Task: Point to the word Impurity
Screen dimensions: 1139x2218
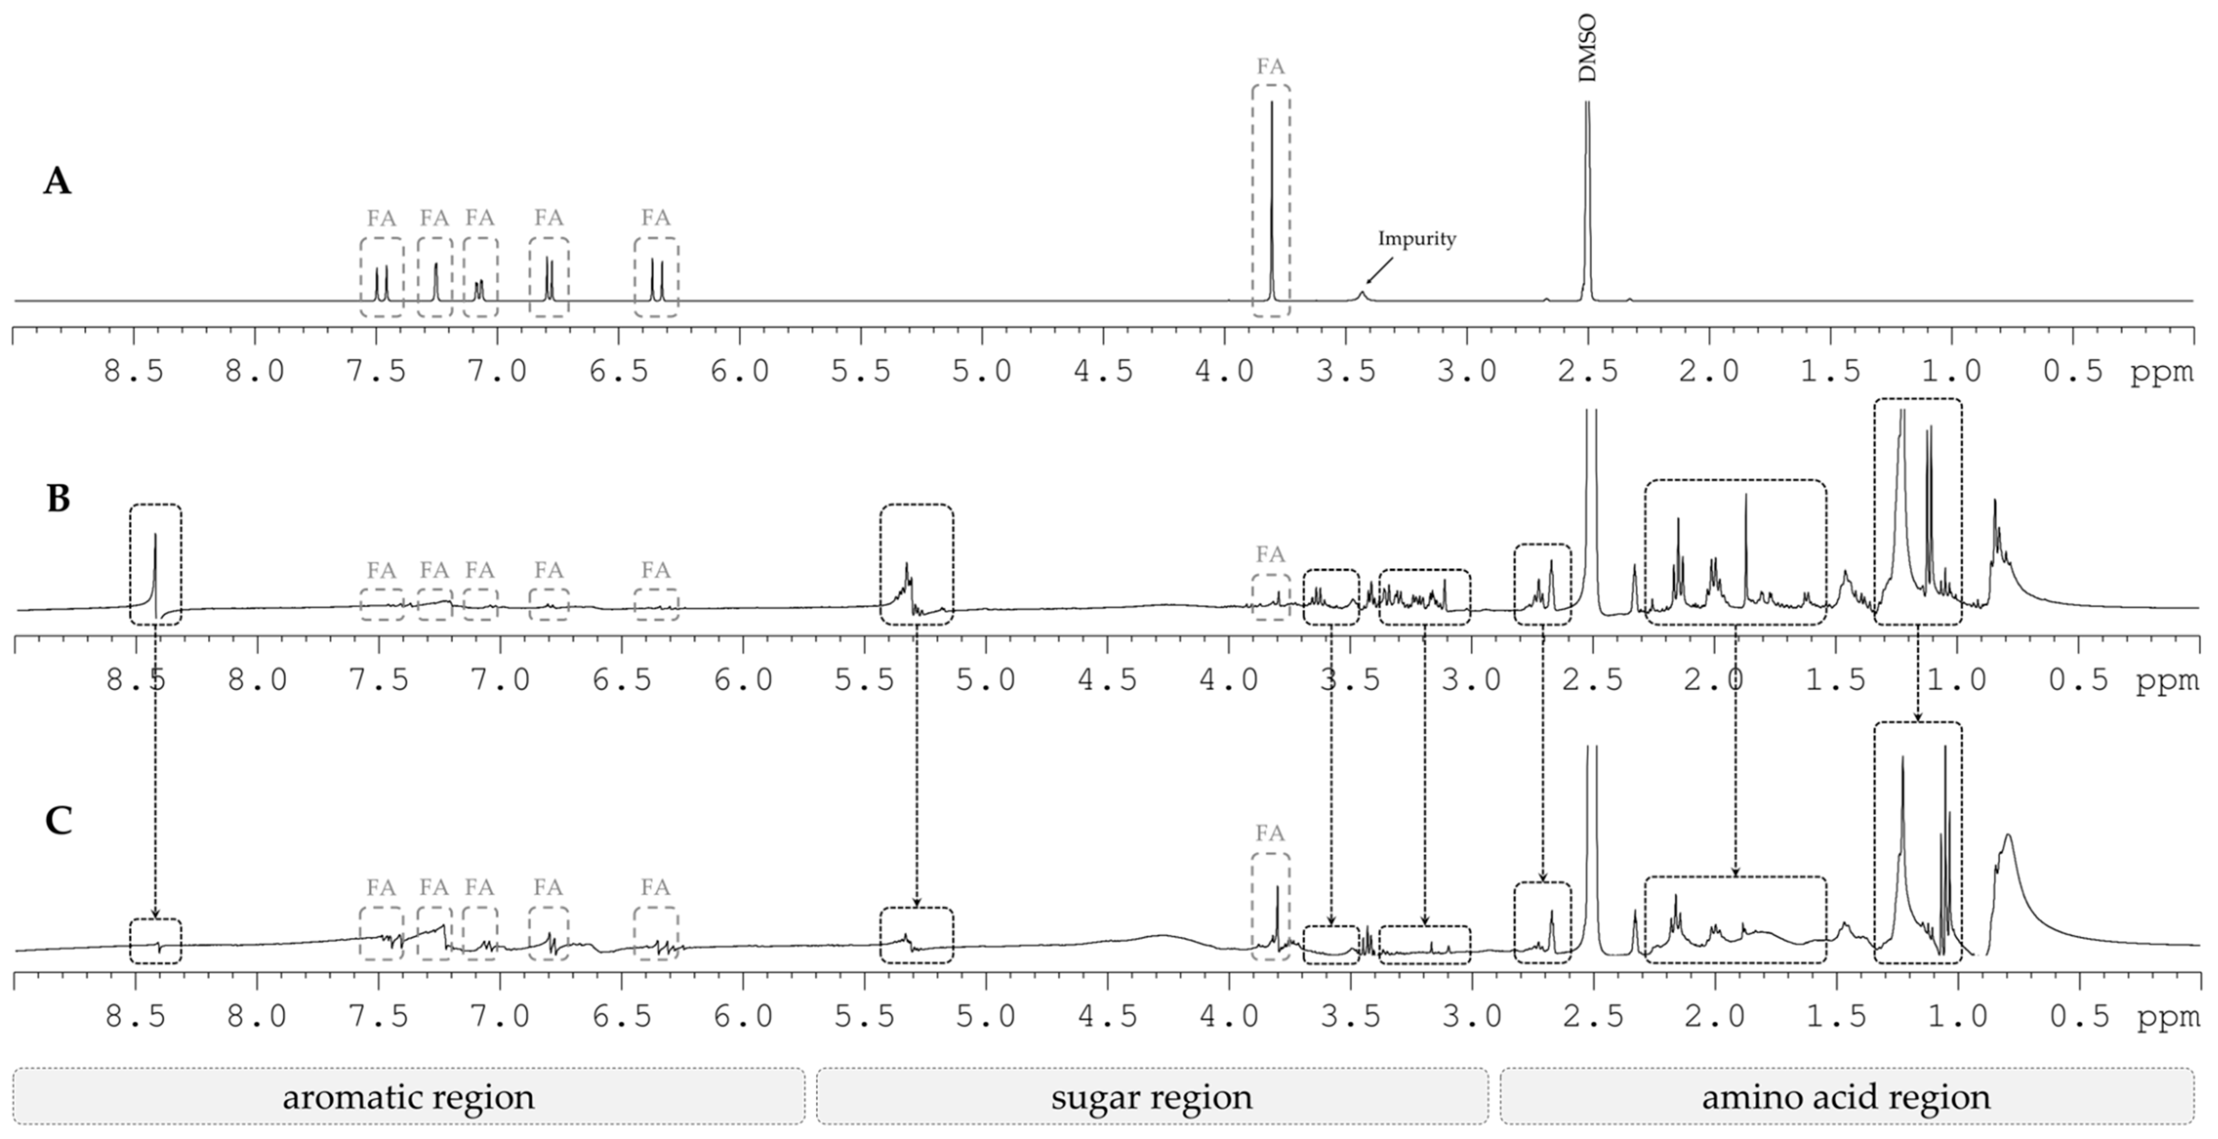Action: (1416, 238)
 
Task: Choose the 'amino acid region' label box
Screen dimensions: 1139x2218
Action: (1846, 1096)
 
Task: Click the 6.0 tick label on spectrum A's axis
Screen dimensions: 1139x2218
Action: (739, 372)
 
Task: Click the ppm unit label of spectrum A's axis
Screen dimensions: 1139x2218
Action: (2161, 372)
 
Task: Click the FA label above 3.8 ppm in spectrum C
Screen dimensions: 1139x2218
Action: (1270, 834)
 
